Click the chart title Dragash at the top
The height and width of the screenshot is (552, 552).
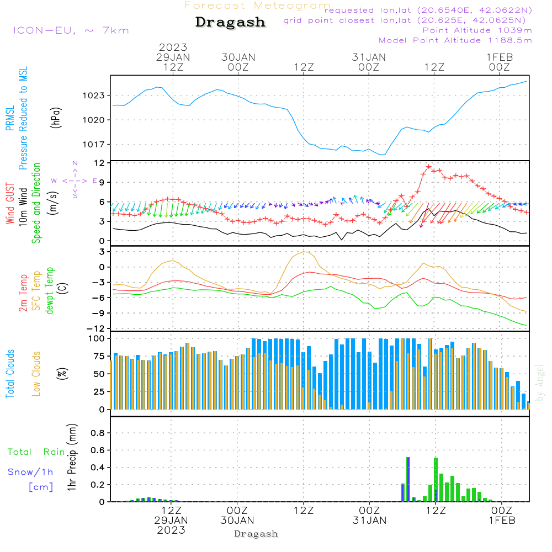(230, 23)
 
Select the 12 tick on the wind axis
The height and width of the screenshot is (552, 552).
(99, 163)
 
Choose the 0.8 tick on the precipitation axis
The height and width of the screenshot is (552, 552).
(97, 433)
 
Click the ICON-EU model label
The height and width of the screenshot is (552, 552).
(71, 30)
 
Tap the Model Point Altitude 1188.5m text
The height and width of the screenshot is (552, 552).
(455, 40)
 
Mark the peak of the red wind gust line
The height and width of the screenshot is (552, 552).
(428, 166)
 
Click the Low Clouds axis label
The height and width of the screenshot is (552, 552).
(36, 374)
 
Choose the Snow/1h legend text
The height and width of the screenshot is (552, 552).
(31, 473)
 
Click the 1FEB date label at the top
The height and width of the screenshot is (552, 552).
(500, 57)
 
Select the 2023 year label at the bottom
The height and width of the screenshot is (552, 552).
(171, 530)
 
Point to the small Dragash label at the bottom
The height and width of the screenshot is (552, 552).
(256, 534)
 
